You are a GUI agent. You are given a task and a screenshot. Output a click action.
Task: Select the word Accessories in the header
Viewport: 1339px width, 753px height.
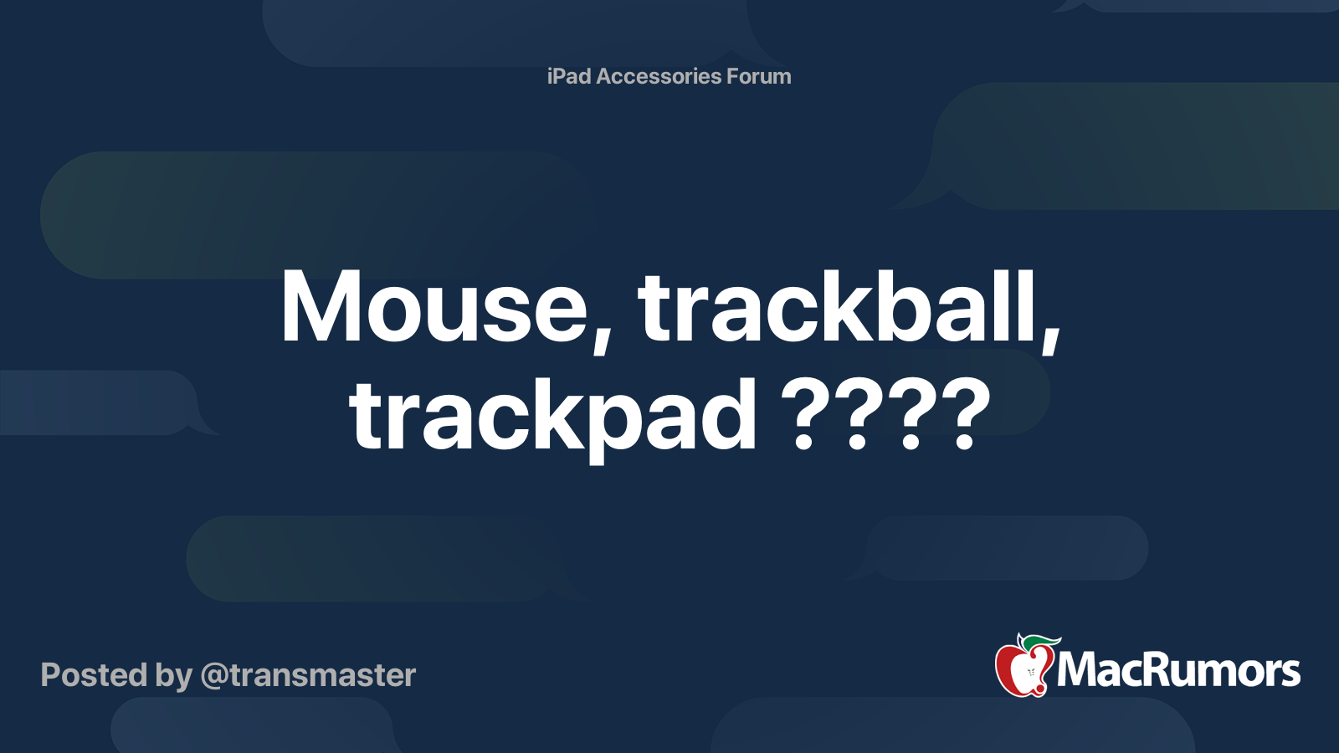(x=659, y=76)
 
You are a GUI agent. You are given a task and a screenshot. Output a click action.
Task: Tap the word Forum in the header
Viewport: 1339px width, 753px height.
(x=758, y=76)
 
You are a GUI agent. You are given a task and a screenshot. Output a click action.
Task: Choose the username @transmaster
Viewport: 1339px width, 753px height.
(x=308, y=675)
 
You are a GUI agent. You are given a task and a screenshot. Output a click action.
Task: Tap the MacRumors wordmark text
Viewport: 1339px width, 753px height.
(x=1178, y=671)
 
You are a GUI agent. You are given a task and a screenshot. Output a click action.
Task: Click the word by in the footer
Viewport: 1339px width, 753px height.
(x=173, y=676)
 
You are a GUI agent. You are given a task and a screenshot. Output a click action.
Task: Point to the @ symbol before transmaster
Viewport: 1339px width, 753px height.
(x=214, y=676)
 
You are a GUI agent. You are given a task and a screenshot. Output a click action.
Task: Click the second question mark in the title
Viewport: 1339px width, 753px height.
(x=857, y=415)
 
